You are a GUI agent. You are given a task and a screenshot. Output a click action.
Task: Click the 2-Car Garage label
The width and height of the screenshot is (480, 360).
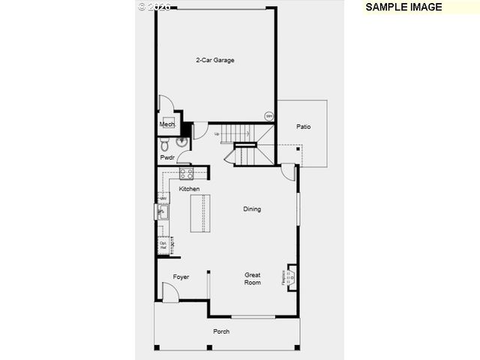click(215, 60)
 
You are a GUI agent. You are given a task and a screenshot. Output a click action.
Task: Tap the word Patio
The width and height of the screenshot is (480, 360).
click(303, 127)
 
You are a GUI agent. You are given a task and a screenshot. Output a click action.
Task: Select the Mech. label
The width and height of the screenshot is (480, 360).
click(166, 124)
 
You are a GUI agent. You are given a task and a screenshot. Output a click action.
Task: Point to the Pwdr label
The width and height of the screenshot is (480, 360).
click(166, 157)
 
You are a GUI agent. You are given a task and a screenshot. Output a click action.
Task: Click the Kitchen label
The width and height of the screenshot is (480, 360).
click(189, 189)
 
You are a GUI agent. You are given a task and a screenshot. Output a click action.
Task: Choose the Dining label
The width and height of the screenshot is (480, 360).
click(252, 209)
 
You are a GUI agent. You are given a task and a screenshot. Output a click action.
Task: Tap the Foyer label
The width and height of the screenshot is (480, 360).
click(181, 277)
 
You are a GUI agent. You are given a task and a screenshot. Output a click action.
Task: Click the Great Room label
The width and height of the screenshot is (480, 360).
click(253, 278)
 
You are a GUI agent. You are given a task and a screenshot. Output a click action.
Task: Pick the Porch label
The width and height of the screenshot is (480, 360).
click(220, 331)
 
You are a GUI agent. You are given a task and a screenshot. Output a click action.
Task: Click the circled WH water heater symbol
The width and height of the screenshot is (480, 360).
click(268, 115)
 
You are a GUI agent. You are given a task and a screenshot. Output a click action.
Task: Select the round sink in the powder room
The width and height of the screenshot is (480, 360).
click(181, 142)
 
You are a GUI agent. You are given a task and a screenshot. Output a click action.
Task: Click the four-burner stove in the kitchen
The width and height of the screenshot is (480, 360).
click(187, 174)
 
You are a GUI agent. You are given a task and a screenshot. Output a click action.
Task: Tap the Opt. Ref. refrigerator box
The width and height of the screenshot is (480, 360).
click(163, 244)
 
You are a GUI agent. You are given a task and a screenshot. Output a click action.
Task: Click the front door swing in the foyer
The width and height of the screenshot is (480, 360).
click(169, 295)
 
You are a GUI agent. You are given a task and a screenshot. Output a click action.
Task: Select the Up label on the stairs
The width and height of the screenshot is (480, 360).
click(217, 134)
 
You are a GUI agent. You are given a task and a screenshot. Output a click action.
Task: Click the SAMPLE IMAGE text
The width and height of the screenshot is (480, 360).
click(403, 7)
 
